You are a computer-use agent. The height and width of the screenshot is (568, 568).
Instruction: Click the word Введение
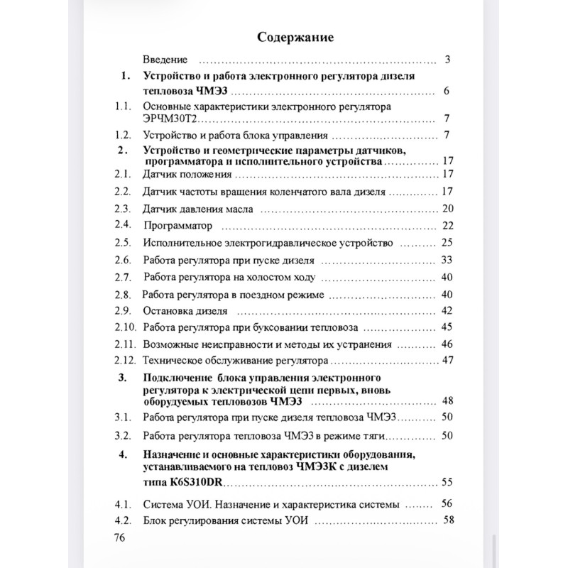tap(165, 60)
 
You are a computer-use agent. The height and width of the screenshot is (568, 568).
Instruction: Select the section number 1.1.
tap(124, 106)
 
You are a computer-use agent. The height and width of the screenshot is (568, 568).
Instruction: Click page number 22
tap(447, 226)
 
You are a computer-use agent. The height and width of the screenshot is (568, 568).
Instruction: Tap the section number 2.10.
tap(125, 327)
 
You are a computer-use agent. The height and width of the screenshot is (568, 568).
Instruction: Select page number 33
tap(447, 260)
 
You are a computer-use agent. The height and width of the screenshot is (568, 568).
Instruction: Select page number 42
tap(447, 310)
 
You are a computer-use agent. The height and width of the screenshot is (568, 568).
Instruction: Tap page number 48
tap(447, 400)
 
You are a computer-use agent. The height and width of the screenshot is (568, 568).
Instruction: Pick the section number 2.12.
tap(125, 360)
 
